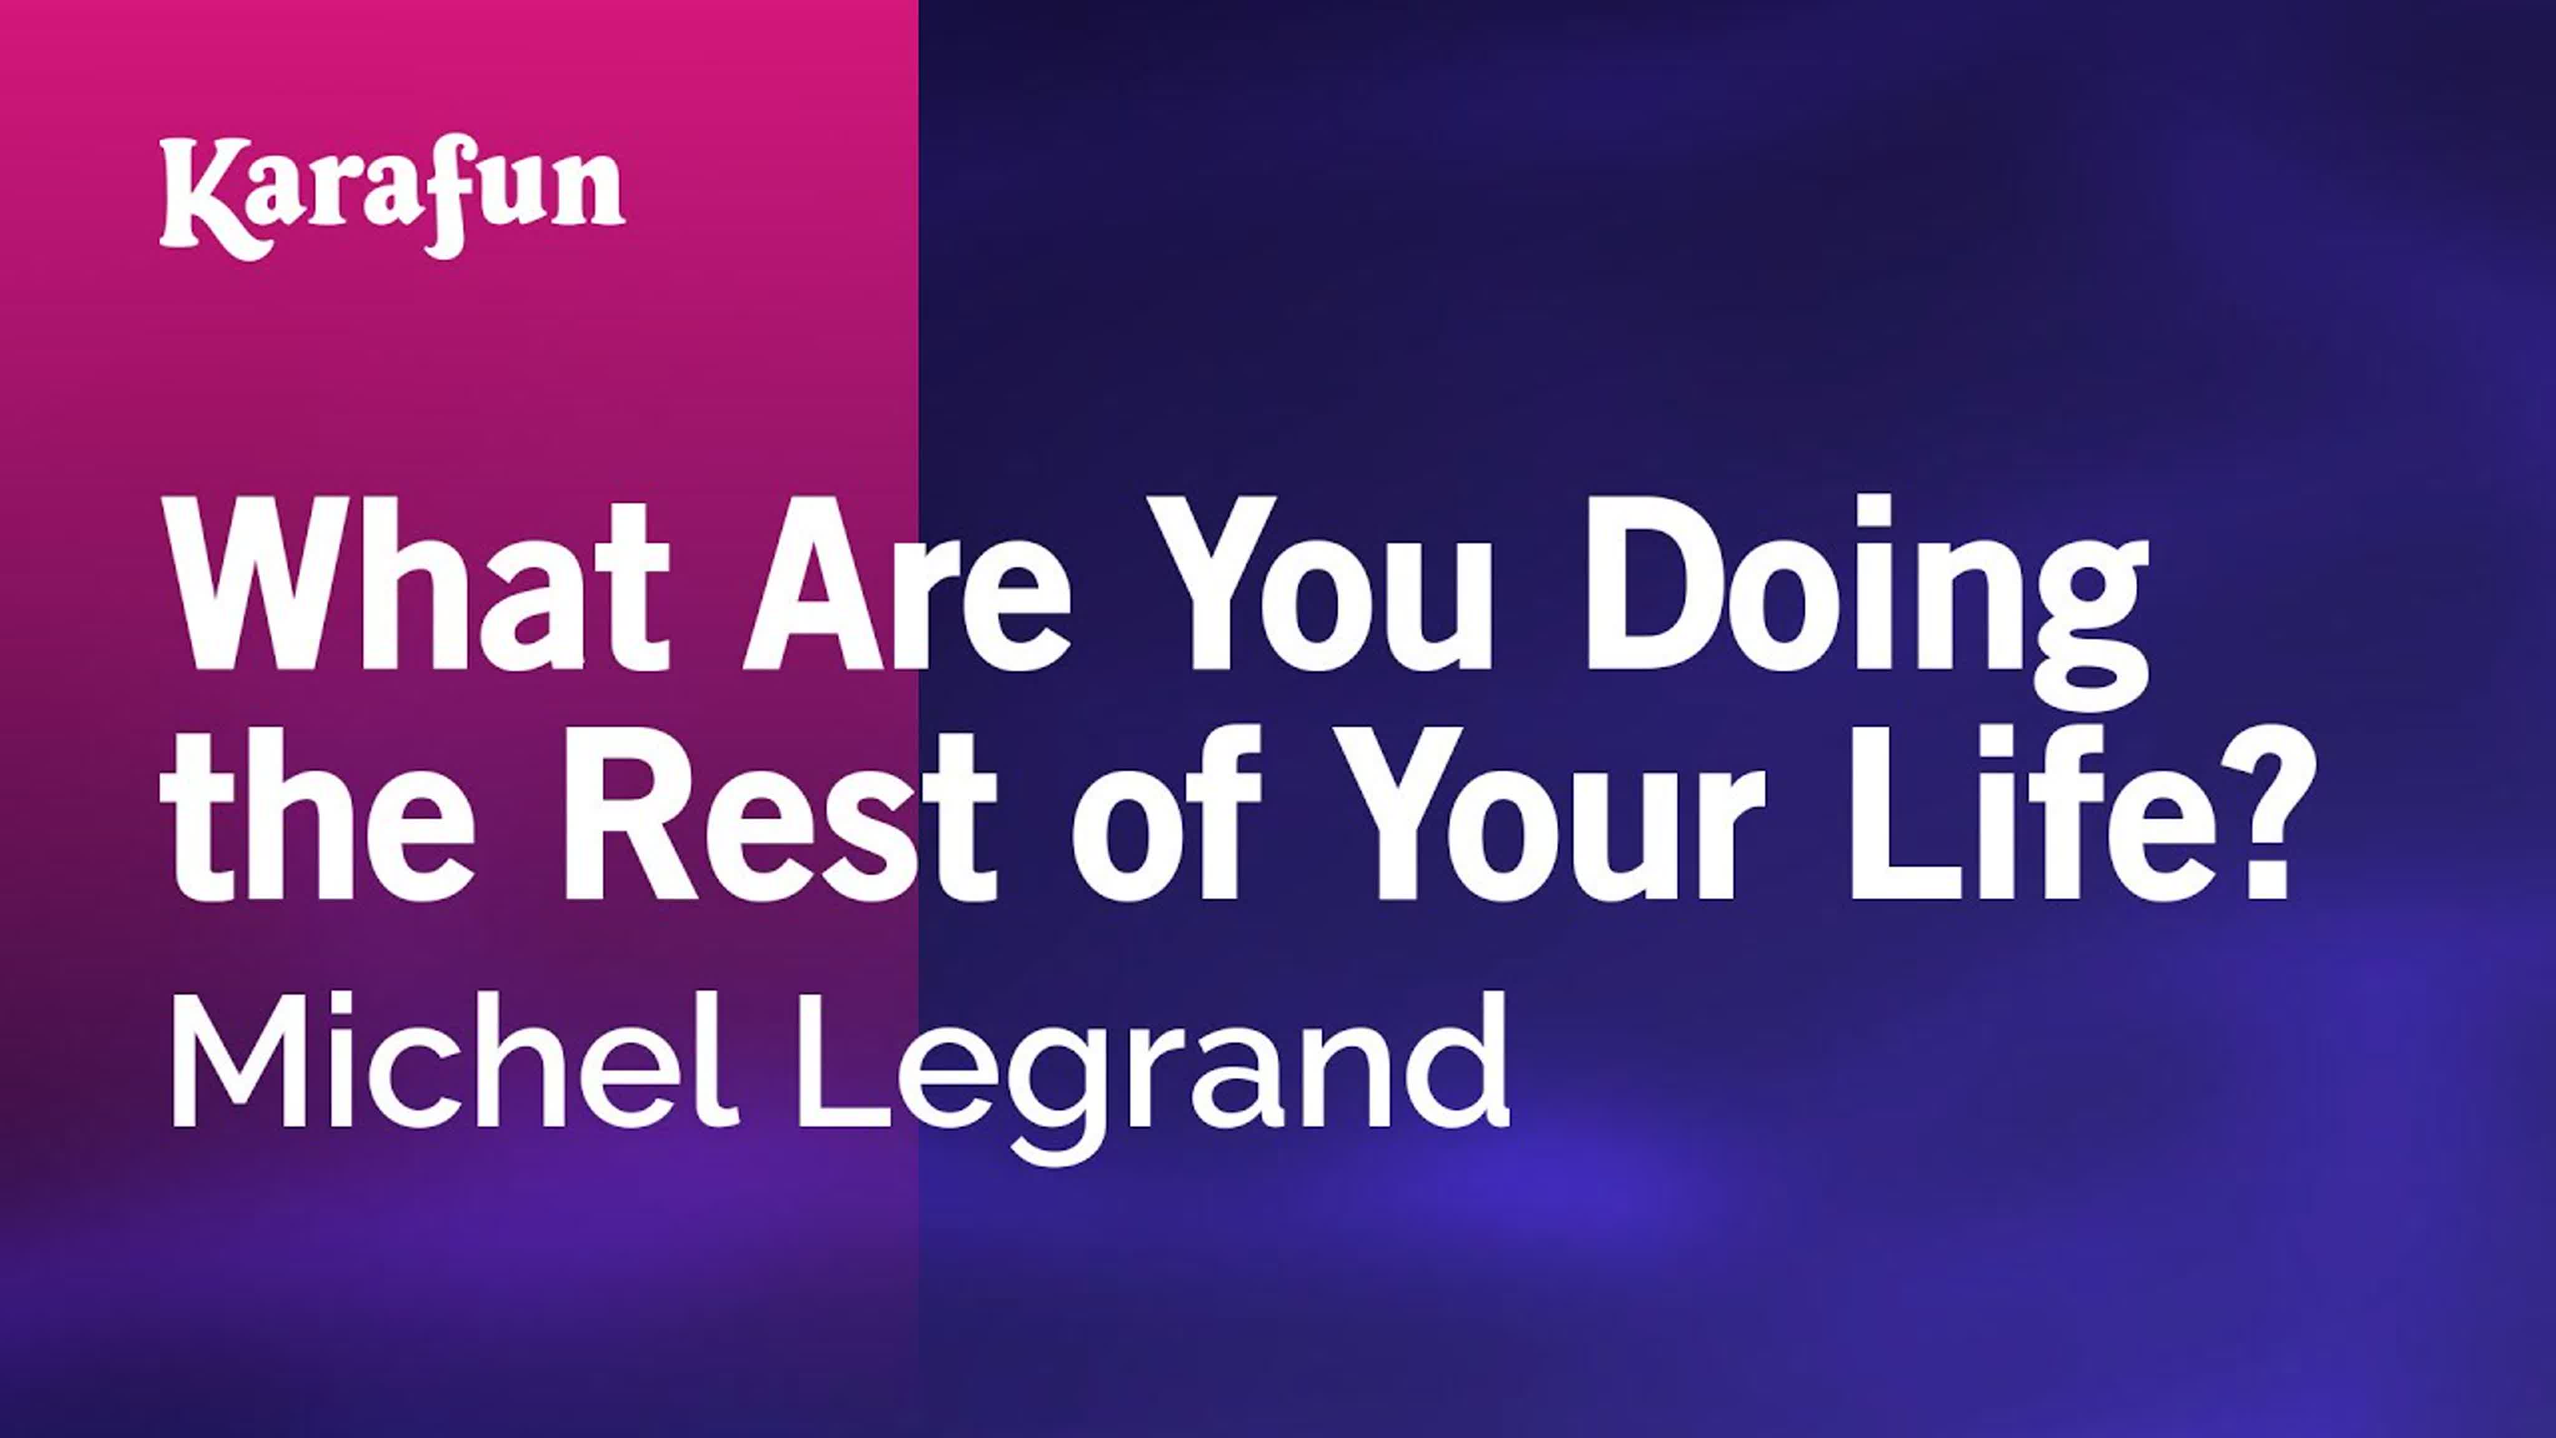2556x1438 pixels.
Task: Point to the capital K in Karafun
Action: [203, 197]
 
